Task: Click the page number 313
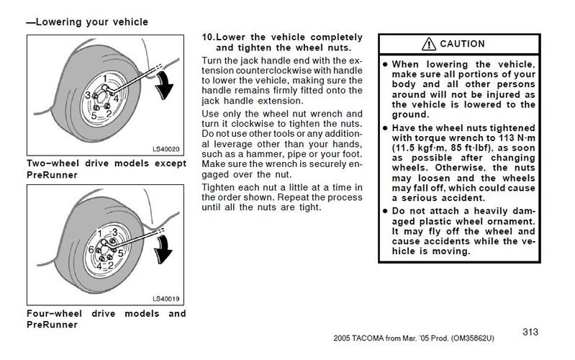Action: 530,332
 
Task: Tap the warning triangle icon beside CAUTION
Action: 430,44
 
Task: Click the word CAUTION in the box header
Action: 462,44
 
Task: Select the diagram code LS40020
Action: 165,148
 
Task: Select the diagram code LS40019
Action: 165,298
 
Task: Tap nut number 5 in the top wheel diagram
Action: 94,114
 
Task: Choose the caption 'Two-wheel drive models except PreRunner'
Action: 106,169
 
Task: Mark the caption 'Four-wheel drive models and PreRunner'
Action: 106,319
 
